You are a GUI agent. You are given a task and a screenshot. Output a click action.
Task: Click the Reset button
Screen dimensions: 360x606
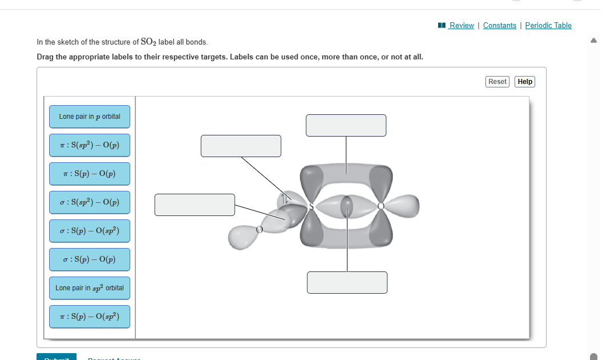[x=497, y=82]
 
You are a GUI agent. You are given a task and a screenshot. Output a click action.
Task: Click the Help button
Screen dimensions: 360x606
[x=525, y=82]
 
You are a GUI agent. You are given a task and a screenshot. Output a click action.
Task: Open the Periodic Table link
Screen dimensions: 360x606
[x=548, y=25]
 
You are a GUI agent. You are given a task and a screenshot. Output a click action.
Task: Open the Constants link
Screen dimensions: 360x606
[x=499, y=25]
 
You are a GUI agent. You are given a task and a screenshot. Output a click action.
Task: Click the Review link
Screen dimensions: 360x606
[x=461, y=25]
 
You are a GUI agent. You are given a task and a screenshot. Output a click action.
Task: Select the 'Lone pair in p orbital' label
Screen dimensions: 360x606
[x=90, y=117]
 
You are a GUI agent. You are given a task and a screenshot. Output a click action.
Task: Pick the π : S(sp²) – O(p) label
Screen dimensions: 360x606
[x=90, y=145]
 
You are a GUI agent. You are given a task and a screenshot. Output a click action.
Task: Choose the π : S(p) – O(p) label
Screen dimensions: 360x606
[x=90, y=174]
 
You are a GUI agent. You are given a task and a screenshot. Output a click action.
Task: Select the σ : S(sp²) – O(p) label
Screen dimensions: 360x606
[x=90, y=202]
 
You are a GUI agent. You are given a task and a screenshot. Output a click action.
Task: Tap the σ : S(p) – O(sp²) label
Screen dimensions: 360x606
[x=90, y=231]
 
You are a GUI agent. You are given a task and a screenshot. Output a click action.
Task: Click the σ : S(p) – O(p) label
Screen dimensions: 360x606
[x=90, y=259]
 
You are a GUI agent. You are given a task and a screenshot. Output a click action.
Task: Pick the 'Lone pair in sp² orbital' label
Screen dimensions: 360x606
[x=90, y=288]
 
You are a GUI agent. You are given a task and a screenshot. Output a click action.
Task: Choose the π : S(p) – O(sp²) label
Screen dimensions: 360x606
[x=90, y=317]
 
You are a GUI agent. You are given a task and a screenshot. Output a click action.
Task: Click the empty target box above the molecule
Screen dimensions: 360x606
[x=346, y=125]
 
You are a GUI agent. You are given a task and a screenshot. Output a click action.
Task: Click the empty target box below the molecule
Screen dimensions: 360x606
[x=347, y=282]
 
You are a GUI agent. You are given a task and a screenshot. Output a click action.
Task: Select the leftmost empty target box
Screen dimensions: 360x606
[x=195, y=205]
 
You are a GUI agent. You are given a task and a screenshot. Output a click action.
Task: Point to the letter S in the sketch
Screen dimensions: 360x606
[x=311, y=206]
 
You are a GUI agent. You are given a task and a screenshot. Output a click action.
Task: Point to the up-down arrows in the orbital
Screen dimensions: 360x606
[x=283, y=199]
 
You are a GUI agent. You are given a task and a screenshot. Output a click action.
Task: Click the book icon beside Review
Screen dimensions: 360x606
[x=441, y=25]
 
